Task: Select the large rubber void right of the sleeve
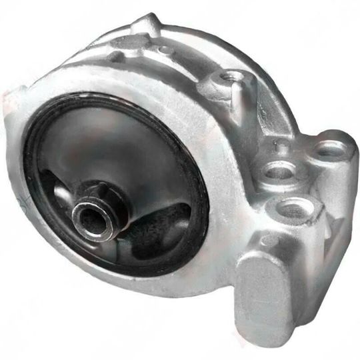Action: pos(160,227)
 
